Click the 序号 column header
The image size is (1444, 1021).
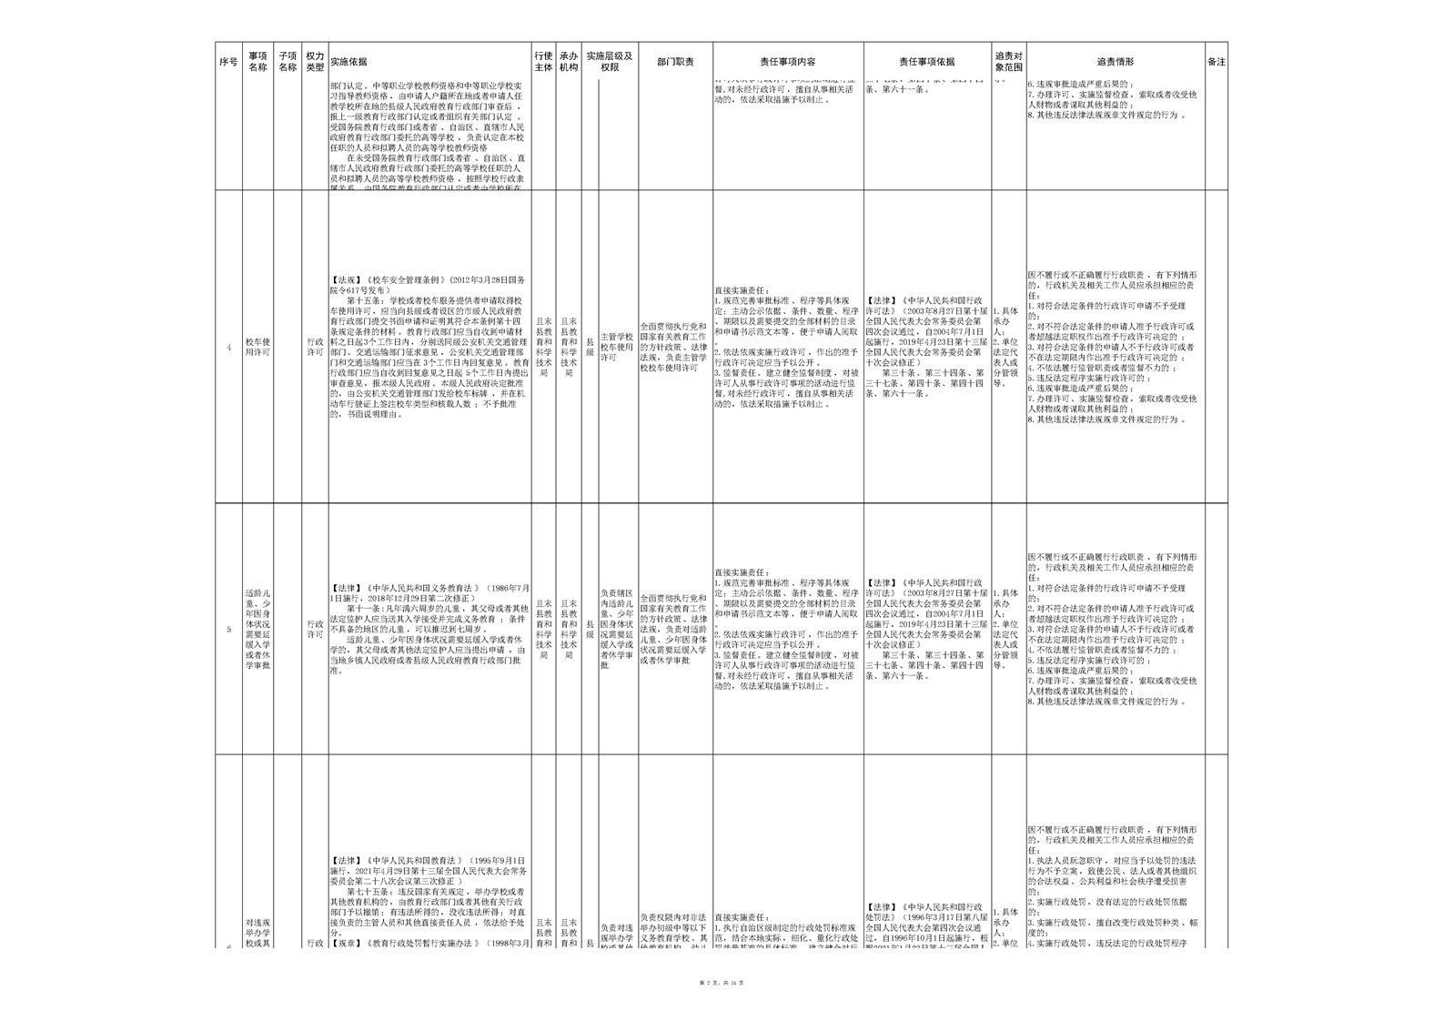228,62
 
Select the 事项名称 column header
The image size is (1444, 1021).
258,62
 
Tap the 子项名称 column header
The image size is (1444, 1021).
288,62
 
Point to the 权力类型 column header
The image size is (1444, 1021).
315,62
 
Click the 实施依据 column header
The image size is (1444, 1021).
349,62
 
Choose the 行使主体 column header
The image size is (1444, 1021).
543,62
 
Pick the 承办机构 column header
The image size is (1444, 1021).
569,62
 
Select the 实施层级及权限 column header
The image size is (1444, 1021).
609,62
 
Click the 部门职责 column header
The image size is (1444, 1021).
675,62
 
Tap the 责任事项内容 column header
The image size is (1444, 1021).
788,62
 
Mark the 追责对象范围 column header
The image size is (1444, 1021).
1008,62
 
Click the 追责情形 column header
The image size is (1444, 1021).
1115,62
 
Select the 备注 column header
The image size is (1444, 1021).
1216,62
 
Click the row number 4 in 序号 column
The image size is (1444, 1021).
228,348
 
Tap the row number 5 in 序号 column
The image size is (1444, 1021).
228,630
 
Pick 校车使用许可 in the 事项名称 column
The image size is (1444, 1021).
258,347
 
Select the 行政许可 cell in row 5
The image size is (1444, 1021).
315,630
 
